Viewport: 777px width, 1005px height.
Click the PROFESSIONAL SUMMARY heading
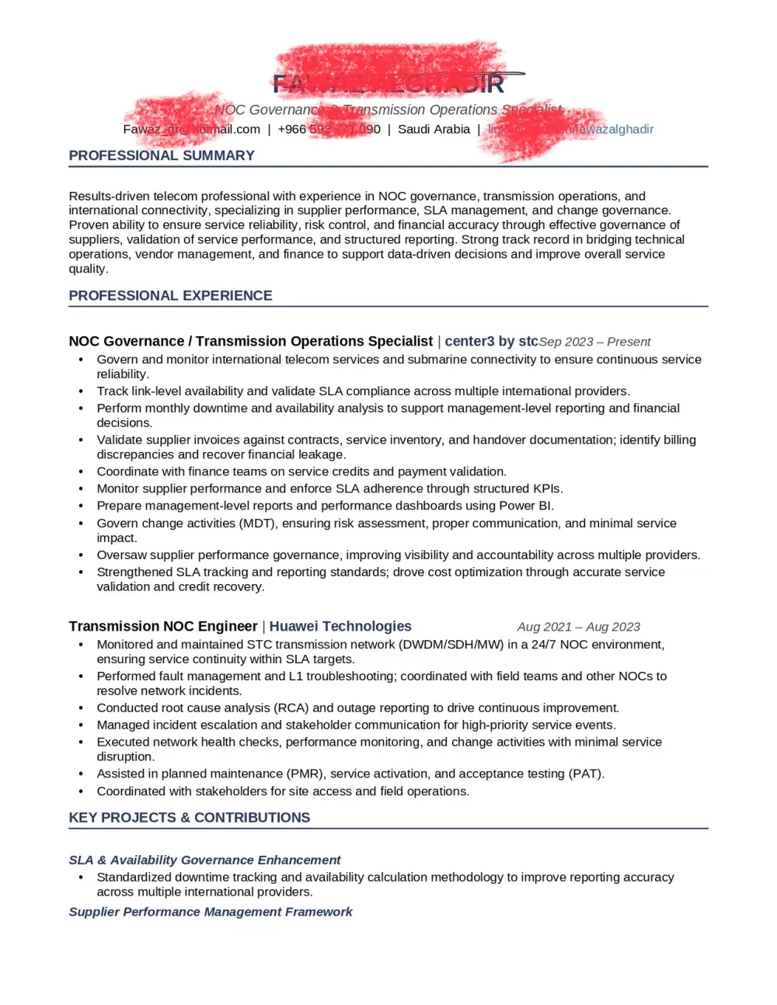(162, 155)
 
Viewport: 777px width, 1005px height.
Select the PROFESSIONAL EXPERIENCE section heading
(170, 296)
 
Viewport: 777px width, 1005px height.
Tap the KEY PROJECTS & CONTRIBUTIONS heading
(189, 818)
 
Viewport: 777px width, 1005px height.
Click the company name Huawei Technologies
(340, 627)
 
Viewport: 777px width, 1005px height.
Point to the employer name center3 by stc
(491, 342)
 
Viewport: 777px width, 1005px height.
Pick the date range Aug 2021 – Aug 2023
(579, 627)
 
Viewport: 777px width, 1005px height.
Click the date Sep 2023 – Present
(595, 342)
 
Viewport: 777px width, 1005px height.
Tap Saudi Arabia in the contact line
(434, 130)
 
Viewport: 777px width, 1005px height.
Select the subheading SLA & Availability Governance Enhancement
(204, 860)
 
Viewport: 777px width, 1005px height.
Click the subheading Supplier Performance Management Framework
(210, 912)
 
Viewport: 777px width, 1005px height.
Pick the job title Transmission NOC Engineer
(162, 627)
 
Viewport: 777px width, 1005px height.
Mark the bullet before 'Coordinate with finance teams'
(81, 472)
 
